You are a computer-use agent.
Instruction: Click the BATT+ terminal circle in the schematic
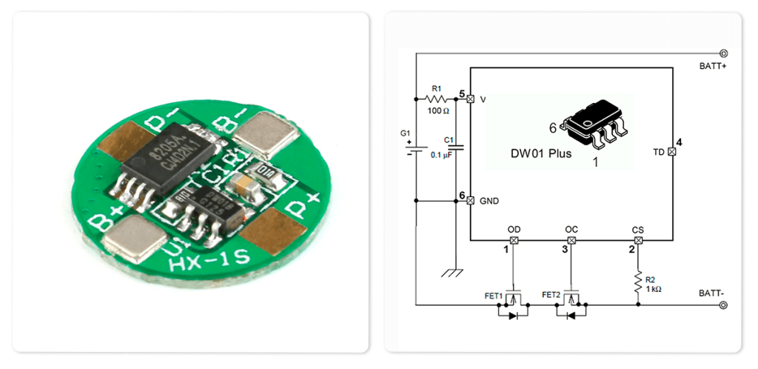coord(723,53)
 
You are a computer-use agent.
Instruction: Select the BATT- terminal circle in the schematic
coord(723,304)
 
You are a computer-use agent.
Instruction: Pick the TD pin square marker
coord(671,151)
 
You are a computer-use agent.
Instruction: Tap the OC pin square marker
coord(571,241)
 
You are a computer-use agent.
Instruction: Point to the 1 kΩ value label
coord(654,289)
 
